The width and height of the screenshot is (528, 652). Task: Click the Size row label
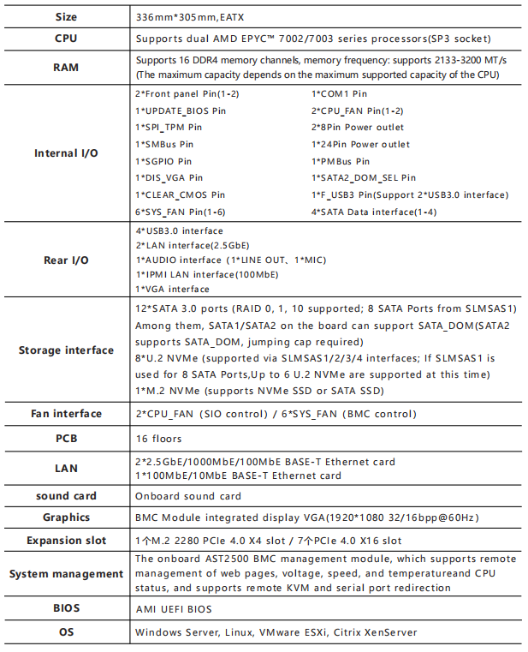point(66,17)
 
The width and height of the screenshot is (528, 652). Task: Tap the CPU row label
point(66,39)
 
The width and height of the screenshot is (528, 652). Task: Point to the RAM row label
point(66,67)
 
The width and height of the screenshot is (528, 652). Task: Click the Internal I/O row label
point(66,153)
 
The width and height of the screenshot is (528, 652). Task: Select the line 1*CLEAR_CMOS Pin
point(181,194)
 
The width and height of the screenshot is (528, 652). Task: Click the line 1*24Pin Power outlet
point(360,144)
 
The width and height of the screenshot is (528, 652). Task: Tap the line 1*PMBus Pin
point(341,161)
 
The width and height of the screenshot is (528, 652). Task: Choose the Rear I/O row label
point(66,260)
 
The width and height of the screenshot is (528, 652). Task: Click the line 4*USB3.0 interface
point(180,231)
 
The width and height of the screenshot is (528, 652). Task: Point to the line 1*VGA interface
point(172,290)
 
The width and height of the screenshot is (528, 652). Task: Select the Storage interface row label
point(66,350)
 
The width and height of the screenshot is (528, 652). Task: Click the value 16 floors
point(159,439)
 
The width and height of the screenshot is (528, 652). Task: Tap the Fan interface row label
point(66,414)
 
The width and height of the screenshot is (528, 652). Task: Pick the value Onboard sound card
point(188,496)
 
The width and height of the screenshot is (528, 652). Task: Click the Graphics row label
point(66,517)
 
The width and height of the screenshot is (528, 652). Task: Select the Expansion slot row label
point(66,541)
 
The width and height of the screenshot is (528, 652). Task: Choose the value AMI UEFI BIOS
point(174,609)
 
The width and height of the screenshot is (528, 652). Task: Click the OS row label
point(66,632)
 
